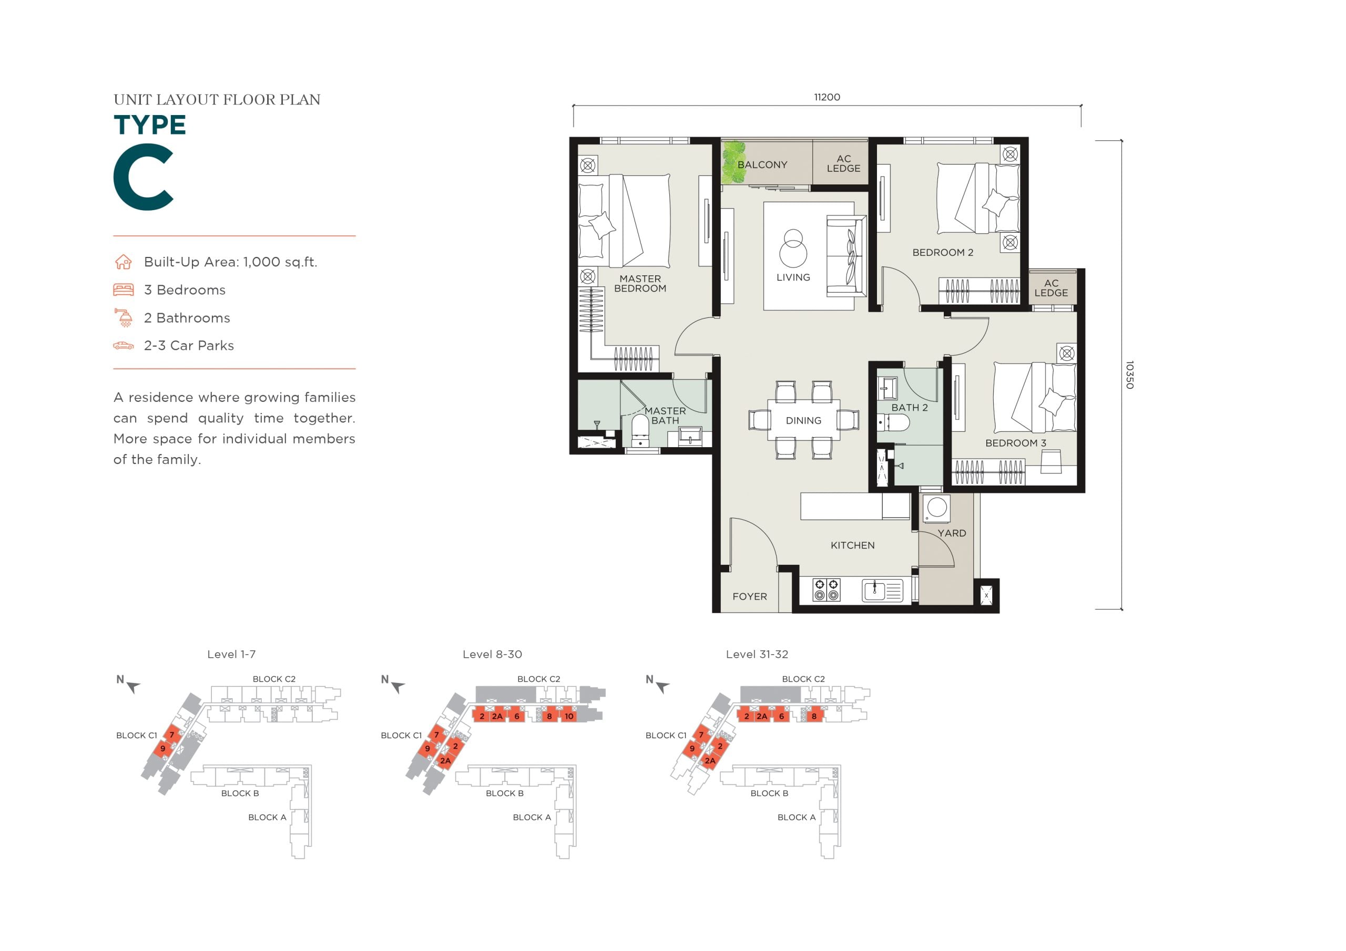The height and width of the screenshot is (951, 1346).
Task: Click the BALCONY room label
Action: [762, 164]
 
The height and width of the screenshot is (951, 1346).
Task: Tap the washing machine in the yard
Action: [936, 509]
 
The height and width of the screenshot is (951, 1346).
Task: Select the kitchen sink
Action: [882, 591]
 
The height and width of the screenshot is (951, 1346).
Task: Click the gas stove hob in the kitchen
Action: [826, 590]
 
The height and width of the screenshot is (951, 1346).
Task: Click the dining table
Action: [803, 420]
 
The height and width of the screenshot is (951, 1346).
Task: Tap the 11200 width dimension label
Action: [827, 97]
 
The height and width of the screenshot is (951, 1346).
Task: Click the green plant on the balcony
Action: [733, 162]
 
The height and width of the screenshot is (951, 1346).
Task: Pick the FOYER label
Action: [749, 596]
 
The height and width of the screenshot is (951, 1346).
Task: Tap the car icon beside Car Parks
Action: [123, 346]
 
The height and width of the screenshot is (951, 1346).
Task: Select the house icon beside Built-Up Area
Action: [123, 262]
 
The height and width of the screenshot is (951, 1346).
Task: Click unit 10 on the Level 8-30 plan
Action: [569, 716]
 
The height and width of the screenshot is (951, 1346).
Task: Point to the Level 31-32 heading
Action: [757, 655]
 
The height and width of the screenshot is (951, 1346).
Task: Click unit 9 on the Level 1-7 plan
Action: [162, 748]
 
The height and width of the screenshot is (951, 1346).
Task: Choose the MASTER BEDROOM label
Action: [640, 284]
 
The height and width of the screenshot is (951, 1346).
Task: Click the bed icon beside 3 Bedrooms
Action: [123, 290]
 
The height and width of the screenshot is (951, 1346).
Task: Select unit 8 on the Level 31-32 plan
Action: [814, 716]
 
